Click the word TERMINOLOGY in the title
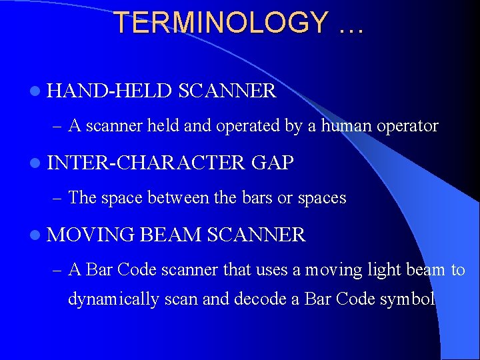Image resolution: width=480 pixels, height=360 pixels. point(221,23)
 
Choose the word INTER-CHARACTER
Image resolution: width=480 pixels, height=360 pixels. point(147,163)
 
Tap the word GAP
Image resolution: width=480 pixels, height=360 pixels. point(273,163)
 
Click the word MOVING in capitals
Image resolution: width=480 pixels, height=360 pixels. point(91,235)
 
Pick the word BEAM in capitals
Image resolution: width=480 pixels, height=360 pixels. point(171,235)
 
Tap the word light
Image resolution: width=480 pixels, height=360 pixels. point(370,269)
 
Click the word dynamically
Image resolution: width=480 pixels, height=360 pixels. point(113,299)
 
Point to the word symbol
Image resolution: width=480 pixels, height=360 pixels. point(407,299)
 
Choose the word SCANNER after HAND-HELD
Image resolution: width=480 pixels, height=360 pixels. point(227,91)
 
